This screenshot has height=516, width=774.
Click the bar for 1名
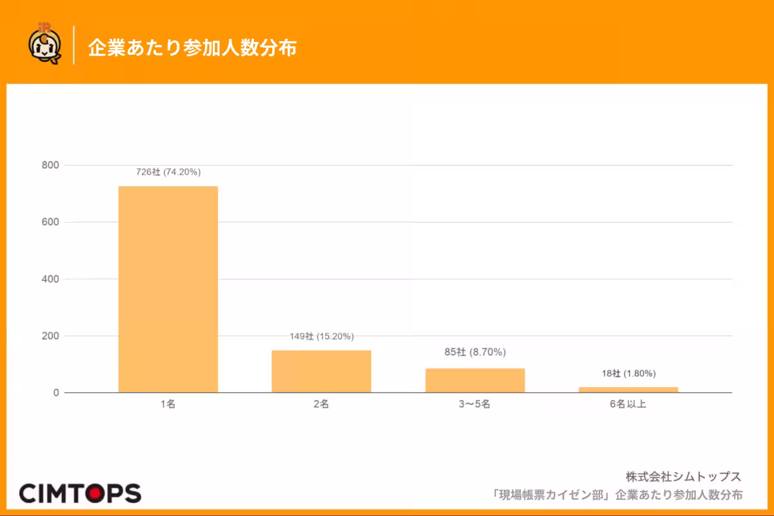pyautogui.click(x=168, y=289)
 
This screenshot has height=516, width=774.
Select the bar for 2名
pyautogui.click(x=321, y=372)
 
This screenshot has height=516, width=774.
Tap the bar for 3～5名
pyautogui.click(x=475, y=381)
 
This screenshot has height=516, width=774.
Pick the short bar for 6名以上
pyautogui.click(x=628, y=390)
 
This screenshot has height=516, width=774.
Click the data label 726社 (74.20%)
pyautogui.click(x=168, y=172)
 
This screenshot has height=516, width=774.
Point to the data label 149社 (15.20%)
pyautogui.click(x=322, y=336)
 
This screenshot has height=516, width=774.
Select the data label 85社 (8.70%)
pyautogui.click(x=475, y=352)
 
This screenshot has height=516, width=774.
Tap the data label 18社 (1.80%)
pyautogui.click(x=628, y=373)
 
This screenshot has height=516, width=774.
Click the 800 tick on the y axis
pyautogui.click(x=50, y=165)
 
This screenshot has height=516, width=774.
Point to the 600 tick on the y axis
pyautogui.click(x=50, y=222)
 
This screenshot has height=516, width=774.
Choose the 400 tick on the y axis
pyautogui.click(x=50, y=279)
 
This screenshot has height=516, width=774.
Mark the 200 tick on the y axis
pyautogui.click(x=50, y=336)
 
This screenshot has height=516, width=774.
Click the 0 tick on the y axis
pyautogui.click(x=56, y=393)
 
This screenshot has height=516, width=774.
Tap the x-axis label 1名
pyautogui.click(x=168, y=404)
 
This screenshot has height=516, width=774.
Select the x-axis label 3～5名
pyautogui.click(x=475, y=404)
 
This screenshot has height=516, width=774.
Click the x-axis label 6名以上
pyautogui.click(x=628, y=404)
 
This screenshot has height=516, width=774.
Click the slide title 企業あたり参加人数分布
pyautogui.click(x=192, y=47)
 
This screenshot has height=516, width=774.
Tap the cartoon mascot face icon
pyautogui.click(x=45, y=45)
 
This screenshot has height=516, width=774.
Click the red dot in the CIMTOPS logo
pyautogui.click(x=95, y=493)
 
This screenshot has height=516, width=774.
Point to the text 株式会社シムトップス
pyautogui.click(x=684, y=477)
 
